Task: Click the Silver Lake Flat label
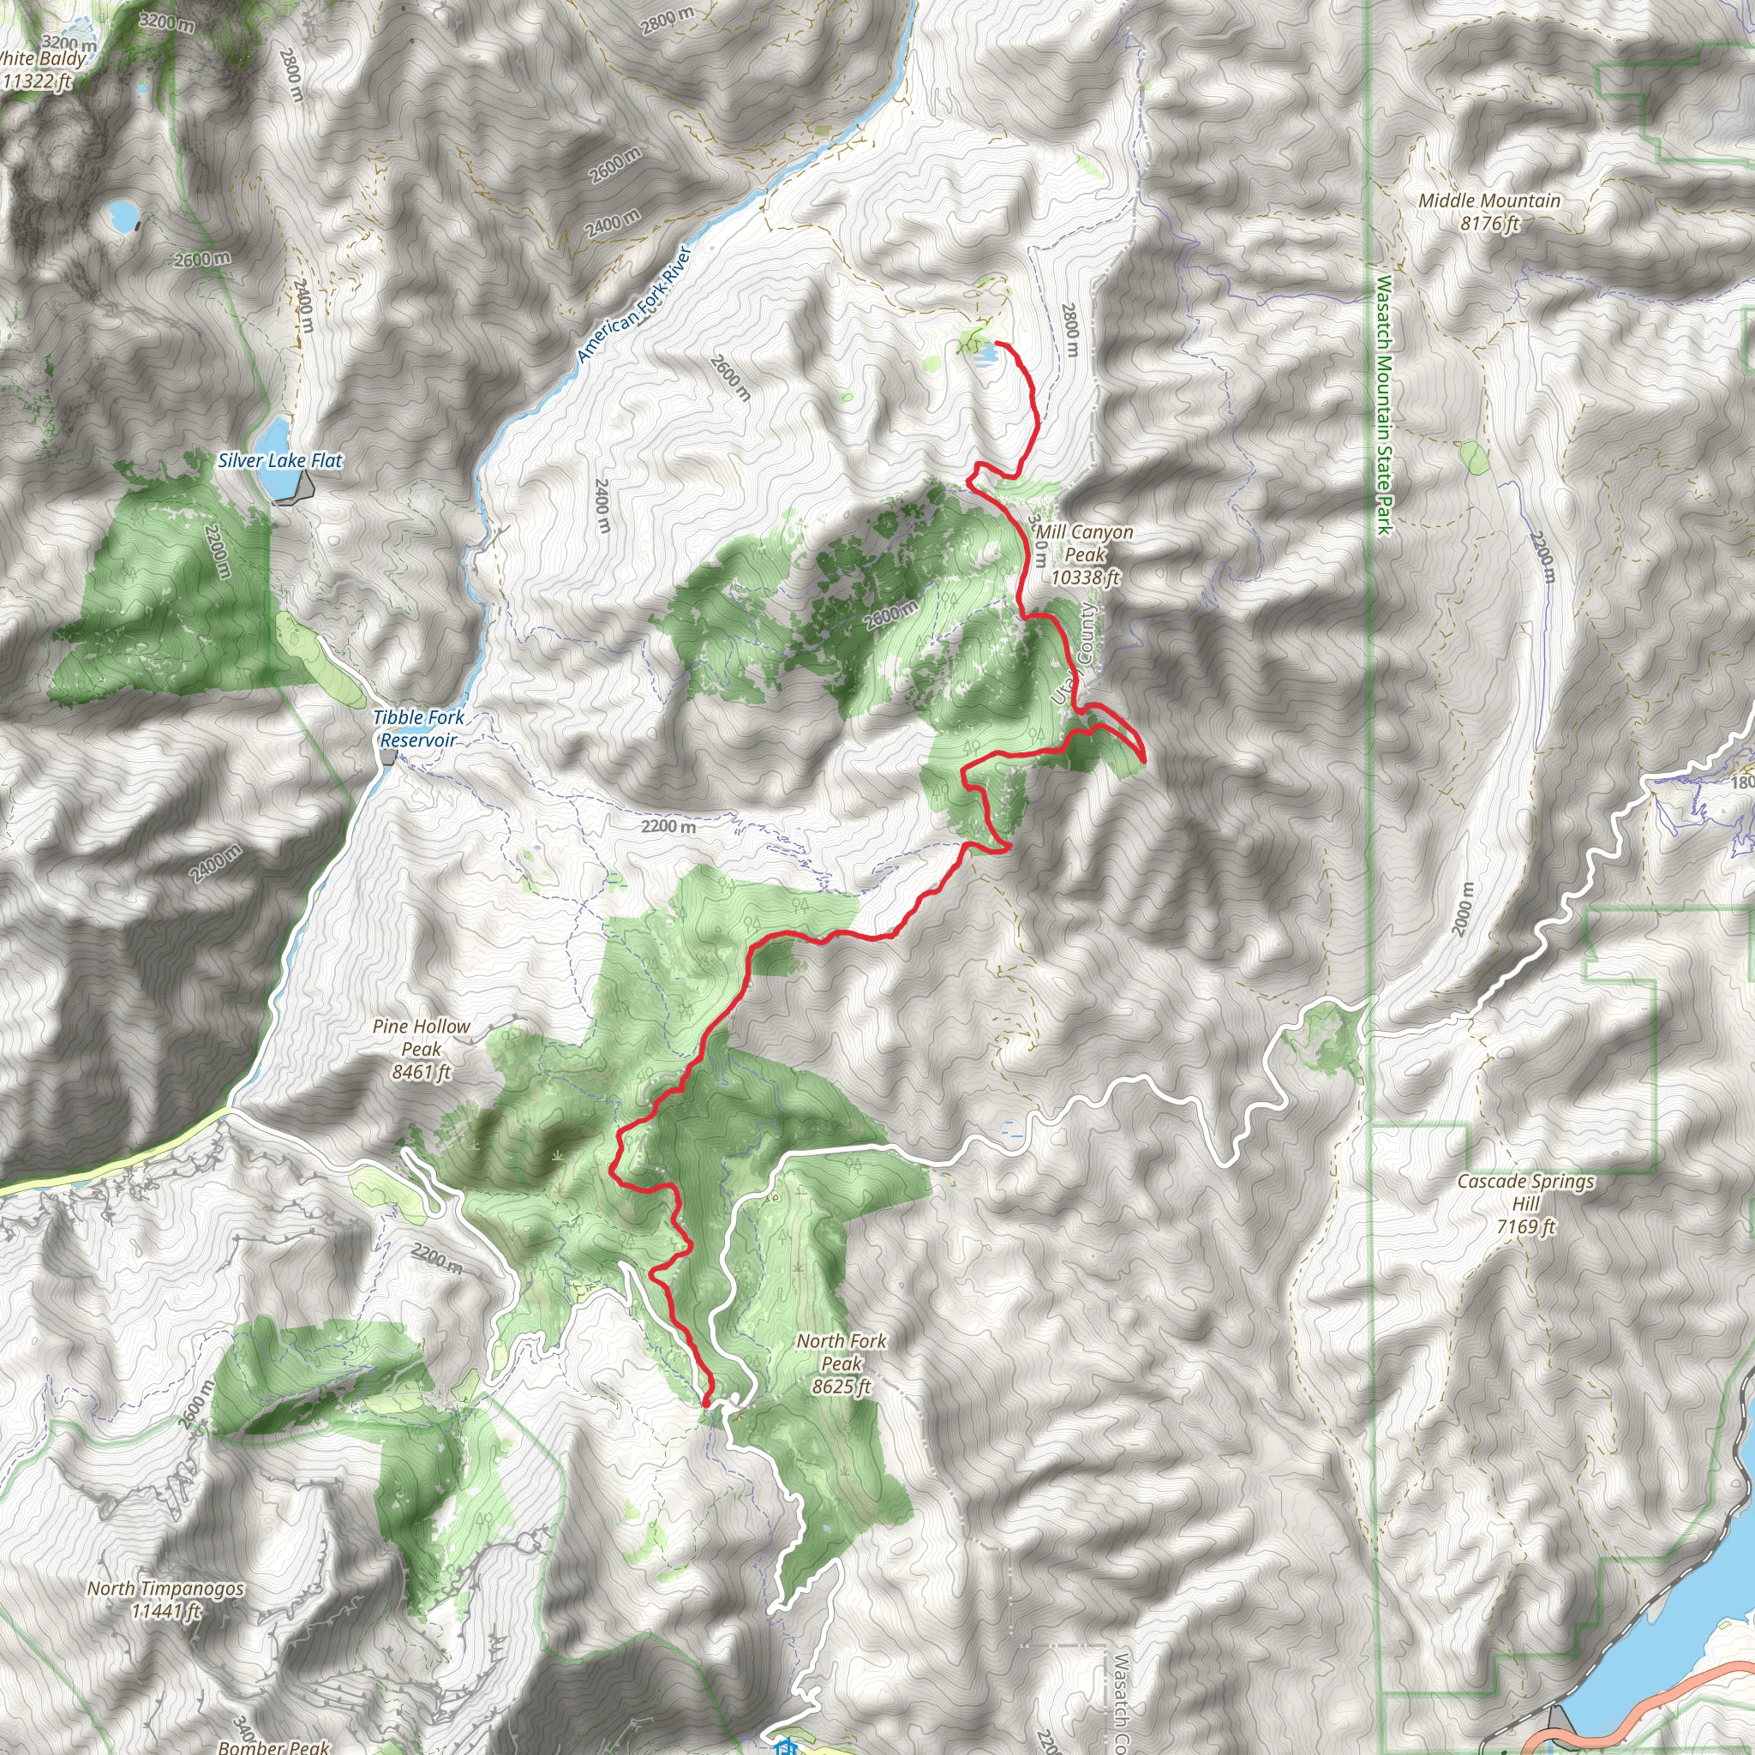coord(279,460)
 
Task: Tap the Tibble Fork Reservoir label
coord(418,728)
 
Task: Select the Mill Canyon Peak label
coord(1085,554)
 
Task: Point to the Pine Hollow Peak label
coord(422,1049)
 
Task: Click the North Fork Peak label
coord(842,1363)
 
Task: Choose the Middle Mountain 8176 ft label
coord(1489,212)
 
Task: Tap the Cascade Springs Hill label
coord(1526,1204)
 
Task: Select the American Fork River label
coord(635,304)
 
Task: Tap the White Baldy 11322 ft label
coord(41,70)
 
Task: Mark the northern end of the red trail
coord(997,344)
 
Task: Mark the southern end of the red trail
coord(707,1404)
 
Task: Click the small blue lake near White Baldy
coord(120,216)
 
